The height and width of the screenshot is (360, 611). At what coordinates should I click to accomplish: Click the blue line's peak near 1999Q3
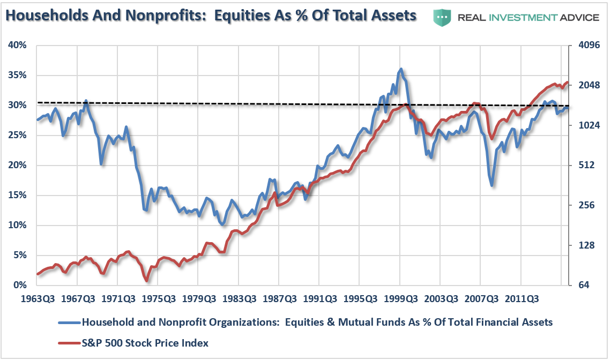click(400, 69)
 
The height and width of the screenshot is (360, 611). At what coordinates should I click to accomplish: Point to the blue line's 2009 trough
click(491, 185)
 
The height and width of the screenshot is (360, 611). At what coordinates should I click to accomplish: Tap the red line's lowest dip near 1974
click(146, 280)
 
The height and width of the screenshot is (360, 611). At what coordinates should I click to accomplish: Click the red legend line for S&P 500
click(69, 343)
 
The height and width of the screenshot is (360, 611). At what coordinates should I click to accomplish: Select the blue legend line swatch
click(69, 322)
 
